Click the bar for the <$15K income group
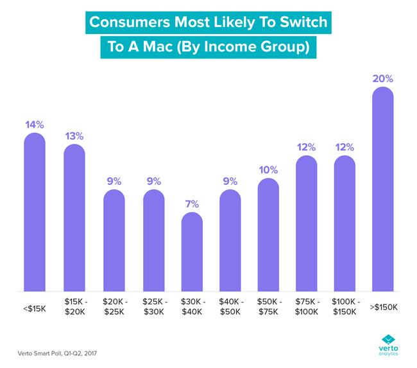pos(35,213)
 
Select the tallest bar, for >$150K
pos(382,190)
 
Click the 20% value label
pos(382,79)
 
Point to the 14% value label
pos(35,125)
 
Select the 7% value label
pos(192,204)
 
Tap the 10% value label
pos(269,170)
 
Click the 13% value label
pos(74,136)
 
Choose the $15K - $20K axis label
pos(75,306)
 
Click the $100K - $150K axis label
pos(345,306)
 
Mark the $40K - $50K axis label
pos(230,306)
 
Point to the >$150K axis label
pos(382,307)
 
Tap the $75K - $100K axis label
pos(306,306)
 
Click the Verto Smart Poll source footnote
pos(58,353)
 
